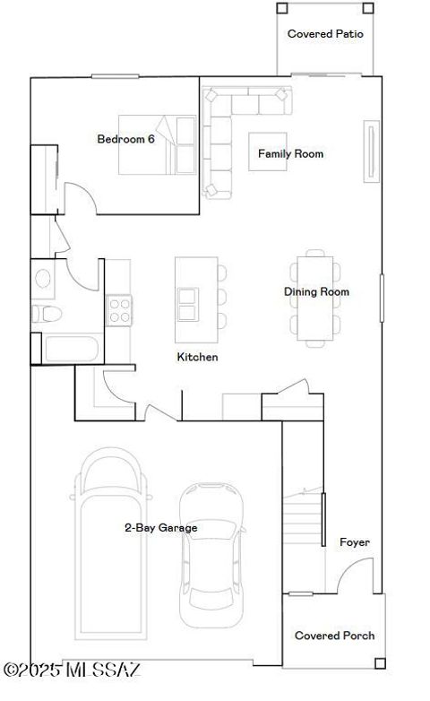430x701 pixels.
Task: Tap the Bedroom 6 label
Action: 125,139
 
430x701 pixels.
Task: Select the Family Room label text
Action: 290,154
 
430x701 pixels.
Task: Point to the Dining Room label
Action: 316,291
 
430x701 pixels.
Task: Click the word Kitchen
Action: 197,357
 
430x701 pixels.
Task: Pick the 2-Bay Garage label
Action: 160,528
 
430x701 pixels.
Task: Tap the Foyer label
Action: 354,542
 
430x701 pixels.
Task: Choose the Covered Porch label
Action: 334,636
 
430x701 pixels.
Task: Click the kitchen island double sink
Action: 187,304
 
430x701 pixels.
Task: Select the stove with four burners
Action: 119,310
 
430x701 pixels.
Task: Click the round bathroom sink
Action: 42,277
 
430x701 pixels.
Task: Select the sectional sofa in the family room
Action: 224,134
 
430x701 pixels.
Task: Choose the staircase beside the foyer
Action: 304,520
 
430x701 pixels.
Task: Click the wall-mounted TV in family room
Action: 370,151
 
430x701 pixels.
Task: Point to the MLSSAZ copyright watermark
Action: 72,670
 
